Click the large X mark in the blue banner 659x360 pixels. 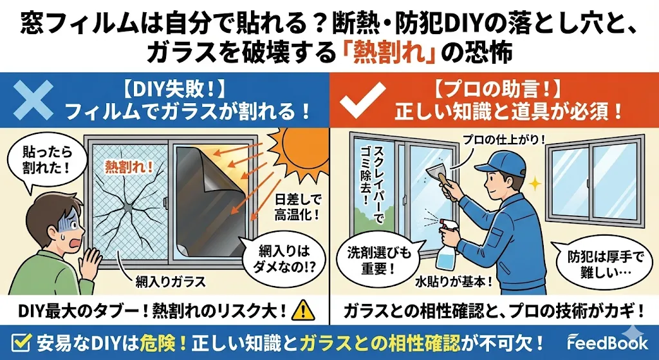(x=33, y=100)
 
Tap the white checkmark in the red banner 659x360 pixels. (x=362, y=100)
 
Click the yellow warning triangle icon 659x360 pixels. (x=303, y=311)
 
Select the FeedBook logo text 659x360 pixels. (x=608, y=343)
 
